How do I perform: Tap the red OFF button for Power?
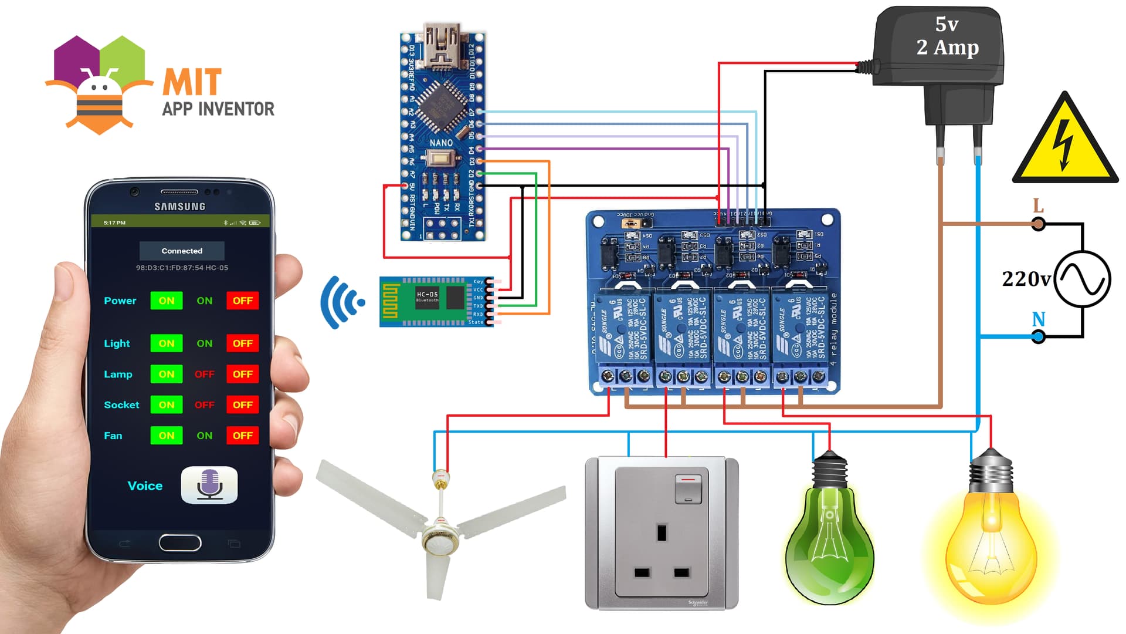coord(242,301)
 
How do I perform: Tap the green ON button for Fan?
coord(166,436)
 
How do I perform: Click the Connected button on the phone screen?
coord(182,251)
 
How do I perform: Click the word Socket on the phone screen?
coord(121,405)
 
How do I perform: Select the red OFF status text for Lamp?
coord(204,374)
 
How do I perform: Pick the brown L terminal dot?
coord(1038,224)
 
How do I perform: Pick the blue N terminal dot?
coord(1038,337)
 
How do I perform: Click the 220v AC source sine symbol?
coord(1082,279)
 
